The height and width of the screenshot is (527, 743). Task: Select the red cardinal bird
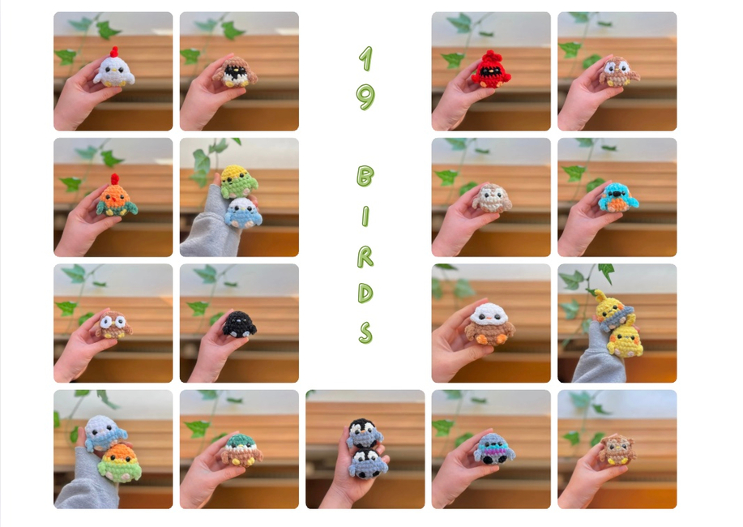pyautogui.click(x=491, y=71)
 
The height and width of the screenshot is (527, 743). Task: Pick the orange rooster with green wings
pyautogui.click(x=117, y=197)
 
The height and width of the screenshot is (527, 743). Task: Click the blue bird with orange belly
pyautogui.click(x=618, y=198)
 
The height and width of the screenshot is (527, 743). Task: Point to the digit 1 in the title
pyautogui.click(x=365, y=59)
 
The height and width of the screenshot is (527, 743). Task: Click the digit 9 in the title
pyautogui.click(x=365, y=97)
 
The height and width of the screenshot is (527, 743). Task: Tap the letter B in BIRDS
pyautogui.click(x=365, y=176)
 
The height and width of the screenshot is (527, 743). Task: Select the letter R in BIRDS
pyautogui.click(x=365, y=257)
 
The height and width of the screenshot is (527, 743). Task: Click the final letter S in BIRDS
pyautogui.click(x=365, y=332)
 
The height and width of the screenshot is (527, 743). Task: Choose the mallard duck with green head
pyautogui.click(x=241, y=450)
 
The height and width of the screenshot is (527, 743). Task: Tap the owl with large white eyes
pyautogui.click(x=113, y=325)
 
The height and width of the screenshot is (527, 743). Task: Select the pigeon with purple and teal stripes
pyautogui.click(x=494, y=448)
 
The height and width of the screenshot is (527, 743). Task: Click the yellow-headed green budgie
pyautogui.click(x=238, y=181)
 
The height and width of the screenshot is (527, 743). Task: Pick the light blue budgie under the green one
pyautogui.click(x=243, y=212)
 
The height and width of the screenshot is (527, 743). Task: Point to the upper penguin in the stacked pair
pyautogui.click(x=364, y=433)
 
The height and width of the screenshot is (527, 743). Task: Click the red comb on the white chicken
pyautogui.click(x=114, y=52)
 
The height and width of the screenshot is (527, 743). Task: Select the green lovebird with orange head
pyautogui.click(x=119, y=463)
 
